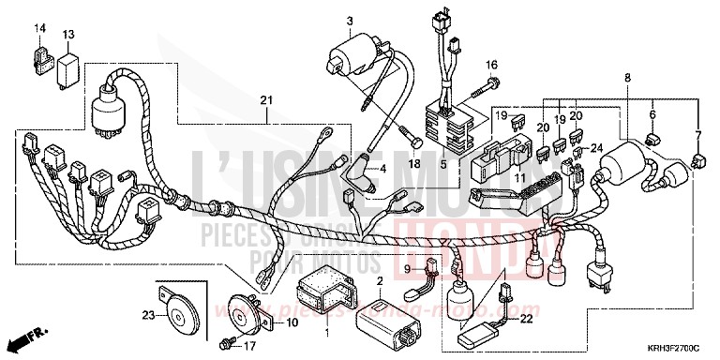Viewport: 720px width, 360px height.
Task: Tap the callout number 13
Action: coord(68,35)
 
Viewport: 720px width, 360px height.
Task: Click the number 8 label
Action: coord(627,79)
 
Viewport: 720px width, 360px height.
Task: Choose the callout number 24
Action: coord(596,146)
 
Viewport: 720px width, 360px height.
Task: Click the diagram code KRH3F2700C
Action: coord(675,347)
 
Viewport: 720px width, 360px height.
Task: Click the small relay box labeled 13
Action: coord(68,65)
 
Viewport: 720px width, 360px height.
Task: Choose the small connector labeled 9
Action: coord(433,269)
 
